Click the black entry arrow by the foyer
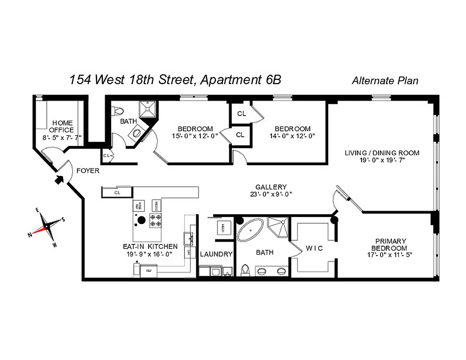(59, 180)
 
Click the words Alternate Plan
(385, 81)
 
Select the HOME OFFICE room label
(62, 126)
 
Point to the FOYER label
(88, 171)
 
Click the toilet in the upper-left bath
(118, 110)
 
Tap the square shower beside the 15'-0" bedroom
(148, 109)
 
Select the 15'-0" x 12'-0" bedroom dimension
(195, 135)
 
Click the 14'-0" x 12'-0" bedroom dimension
(292, 135)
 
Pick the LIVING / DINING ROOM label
(382, 153)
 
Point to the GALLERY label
(271, 187)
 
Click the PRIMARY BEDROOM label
(390, 244)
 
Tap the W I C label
(314, 248)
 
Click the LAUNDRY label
(216, 254)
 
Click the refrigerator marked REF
(147, 271)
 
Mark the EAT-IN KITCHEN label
(150, 247)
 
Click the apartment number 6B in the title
(271, 80)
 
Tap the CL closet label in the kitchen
(117, 193)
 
